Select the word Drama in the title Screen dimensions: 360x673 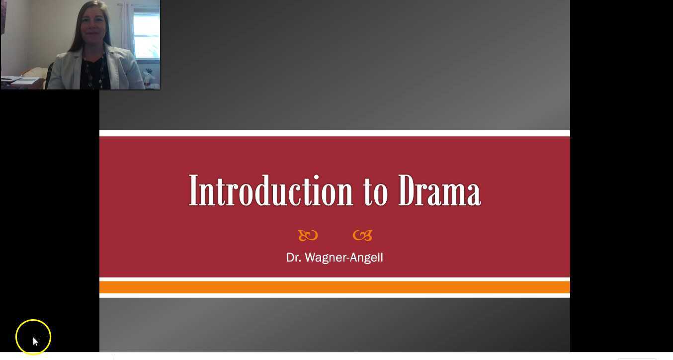tap(439, 191)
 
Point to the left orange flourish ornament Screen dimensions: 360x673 tap(308, 235)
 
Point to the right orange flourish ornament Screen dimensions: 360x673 tap(362, 235)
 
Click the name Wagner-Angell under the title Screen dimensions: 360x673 tap(343, 258)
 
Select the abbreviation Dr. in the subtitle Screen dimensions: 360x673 tap(293, 258)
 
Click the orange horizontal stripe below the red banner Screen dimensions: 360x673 tap(335, 287)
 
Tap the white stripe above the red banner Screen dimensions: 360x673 tap(335, 133)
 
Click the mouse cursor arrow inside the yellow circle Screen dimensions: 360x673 tap(35, 341)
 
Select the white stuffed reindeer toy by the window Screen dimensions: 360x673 tap(149, 77)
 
